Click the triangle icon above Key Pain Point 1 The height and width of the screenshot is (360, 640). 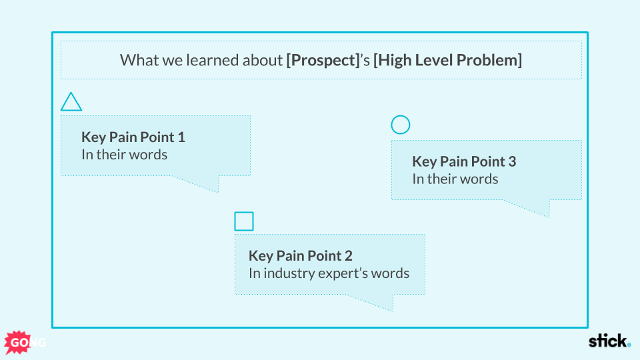[x=71, y=103]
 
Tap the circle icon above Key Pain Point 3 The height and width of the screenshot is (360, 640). [x=401, y=125]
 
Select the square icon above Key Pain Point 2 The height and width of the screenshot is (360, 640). [x=244, y=221]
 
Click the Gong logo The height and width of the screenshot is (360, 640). [x=23, y=342]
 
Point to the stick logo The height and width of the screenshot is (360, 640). [x=609, y=341]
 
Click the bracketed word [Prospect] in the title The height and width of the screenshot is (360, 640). [x=323, y=60]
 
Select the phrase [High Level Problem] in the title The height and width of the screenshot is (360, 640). [x=447, y=60]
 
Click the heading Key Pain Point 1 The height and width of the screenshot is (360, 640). [x=133, y=137]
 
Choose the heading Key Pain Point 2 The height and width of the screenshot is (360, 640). [x=301, y=255]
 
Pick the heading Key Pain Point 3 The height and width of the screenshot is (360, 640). [x=464, y=161]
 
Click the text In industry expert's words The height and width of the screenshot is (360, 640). [x=329, y=273]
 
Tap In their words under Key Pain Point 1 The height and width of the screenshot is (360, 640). [x=124, y=155]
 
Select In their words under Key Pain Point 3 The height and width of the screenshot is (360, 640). [x=455, y=179]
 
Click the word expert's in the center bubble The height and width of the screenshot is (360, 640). [x=357, y=273]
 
